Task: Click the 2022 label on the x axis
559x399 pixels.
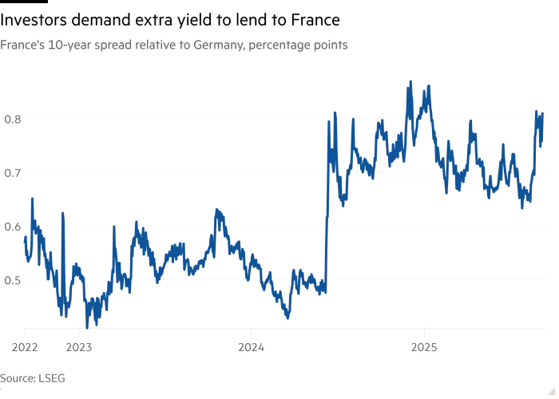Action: click(25, 347)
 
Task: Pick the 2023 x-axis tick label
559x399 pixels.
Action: click(78, 347)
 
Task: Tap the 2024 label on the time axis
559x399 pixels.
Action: click(251, 347)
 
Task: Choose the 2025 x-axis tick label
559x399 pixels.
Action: click(423, 347)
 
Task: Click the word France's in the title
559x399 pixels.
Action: click(22, 46)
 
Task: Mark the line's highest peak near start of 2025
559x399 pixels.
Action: click(410, 81)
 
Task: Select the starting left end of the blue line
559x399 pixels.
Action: click(25, 236)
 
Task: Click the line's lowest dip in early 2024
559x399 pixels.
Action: click(287, 318)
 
